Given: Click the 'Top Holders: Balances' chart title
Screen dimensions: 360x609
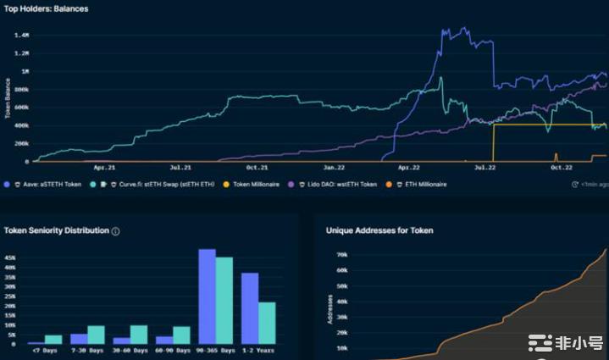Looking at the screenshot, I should [x=47, y=8].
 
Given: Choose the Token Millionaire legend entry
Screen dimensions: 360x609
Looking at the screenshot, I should [x=258, y=184].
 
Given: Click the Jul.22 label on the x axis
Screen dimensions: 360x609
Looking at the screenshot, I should [x=484, y=168].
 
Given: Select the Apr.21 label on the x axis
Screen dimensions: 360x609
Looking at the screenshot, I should [x=104, y=168].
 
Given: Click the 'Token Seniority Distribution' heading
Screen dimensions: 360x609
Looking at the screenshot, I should [x=57, y=230].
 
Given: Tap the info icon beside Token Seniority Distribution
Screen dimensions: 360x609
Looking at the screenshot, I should [x=116, y=230].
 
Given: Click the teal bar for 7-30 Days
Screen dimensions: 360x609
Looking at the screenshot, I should [x=96, y=335].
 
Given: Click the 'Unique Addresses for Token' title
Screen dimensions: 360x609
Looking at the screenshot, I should [x=373, y=230].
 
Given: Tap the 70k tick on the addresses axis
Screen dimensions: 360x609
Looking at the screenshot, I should [x=343, y=254].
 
